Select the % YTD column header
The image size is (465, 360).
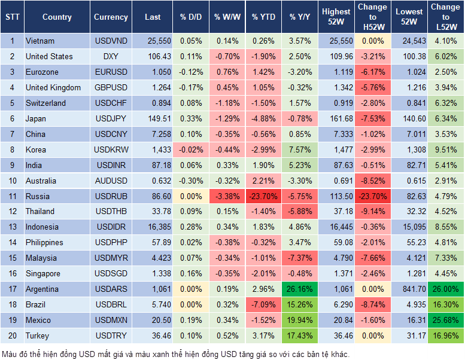click(263, 17)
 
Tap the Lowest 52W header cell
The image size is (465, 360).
click(410, 17)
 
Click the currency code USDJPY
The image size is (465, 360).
click(111, 118)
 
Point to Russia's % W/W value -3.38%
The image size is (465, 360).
click(226, 196)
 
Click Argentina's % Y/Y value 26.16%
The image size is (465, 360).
click(300, 289)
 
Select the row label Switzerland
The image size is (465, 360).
click(45, 103)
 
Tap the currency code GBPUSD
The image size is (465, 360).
click(111, 87)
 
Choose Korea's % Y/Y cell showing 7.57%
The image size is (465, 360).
click(300, 150)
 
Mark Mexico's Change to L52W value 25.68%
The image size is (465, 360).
click(445, 321)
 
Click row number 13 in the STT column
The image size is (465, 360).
click(12, 227)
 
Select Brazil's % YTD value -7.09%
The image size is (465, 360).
click(263, 305)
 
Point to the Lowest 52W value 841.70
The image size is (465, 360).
click(410, 289)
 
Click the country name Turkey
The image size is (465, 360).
click(38, 336)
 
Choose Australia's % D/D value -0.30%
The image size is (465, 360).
click(190, 181)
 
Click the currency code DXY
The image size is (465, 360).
click(111, 56)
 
